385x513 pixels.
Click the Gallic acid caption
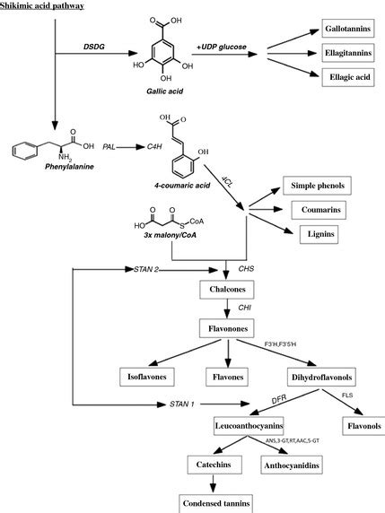coord(149,104)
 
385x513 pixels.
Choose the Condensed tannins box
coord(213,502)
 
